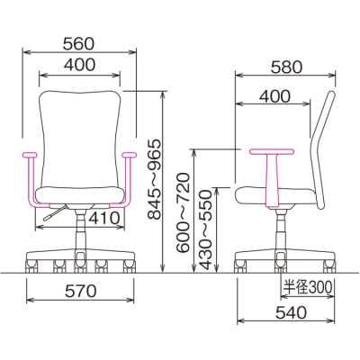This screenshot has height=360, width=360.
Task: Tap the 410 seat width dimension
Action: (106, 217)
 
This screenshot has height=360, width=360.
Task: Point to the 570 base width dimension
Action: (82, 290)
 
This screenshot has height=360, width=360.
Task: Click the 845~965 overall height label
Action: (155, 181)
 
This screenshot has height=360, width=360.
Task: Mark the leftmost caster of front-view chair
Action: (31, 262)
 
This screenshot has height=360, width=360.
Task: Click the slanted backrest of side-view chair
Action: (320, 135)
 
